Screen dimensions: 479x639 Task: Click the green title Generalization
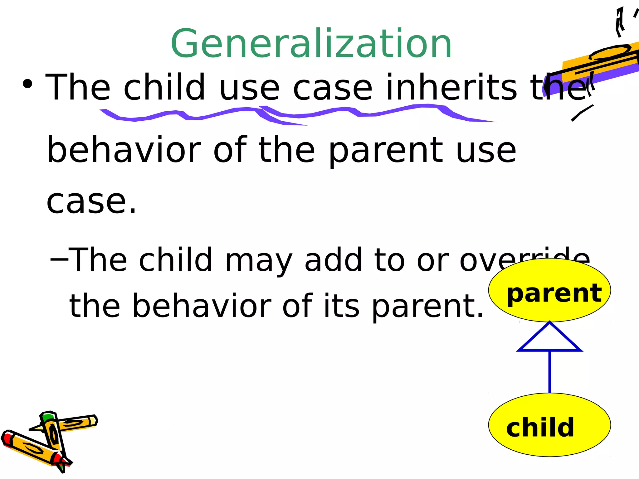click(x=311, y=44)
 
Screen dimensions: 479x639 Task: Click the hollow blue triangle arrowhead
click(x=549, y=340)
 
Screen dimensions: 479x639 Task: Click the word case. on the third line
click(x=91, y=202)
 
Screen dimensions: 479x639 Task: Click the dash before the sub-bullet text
click(x=59, y=259)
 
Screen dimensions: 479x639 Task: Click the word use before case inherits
click(x=249, y=88)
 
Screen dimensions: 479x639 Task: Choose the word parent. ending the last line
click(x=427, y=306)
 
